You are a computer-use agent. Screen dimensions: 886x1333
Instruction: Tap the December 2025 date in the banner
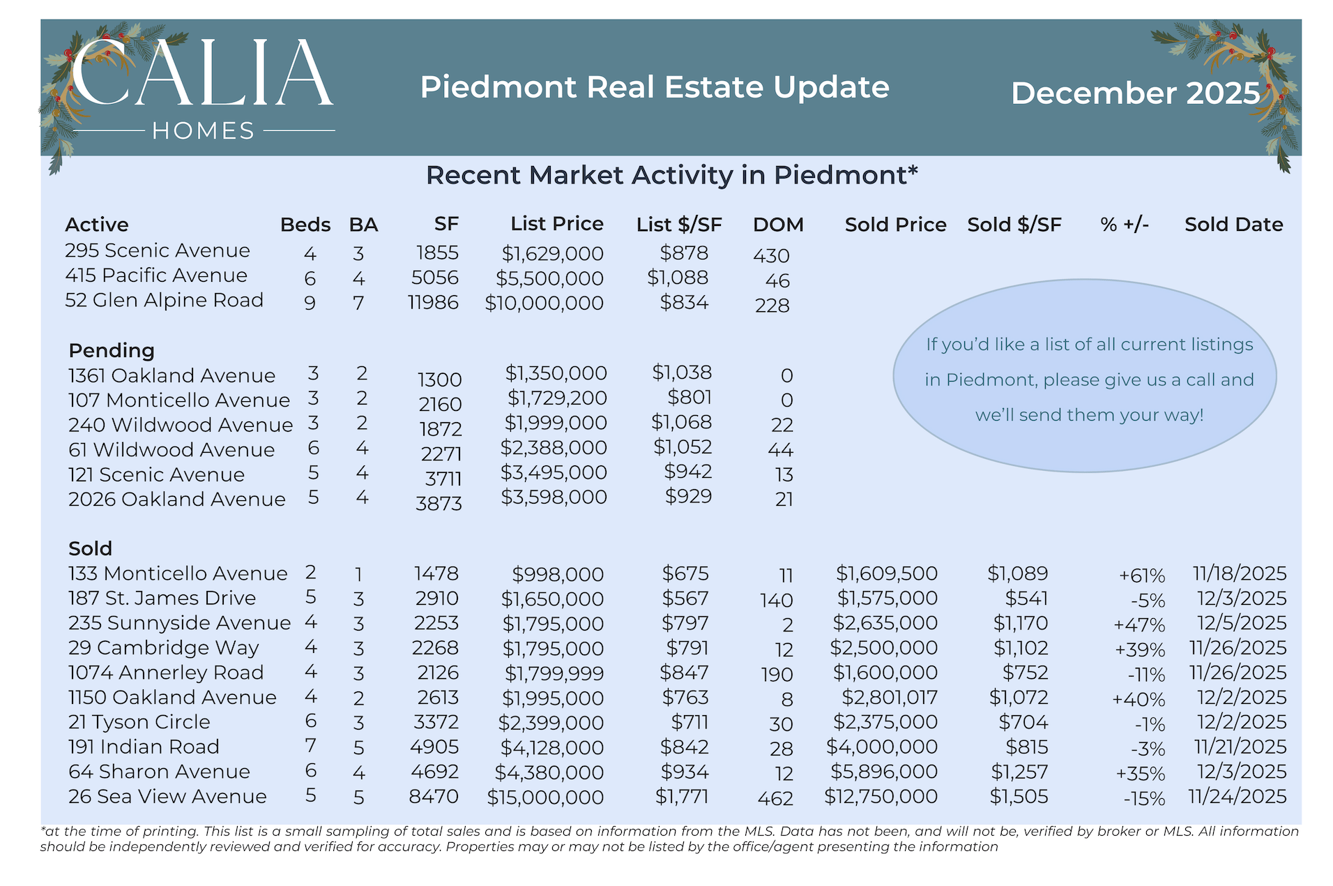click(x=1136, y=93)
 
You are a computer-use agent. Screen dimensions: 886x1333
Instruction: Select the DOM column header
click(x=778, y=225)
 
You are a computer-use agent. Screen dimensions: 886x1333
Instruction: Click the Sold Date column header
click(x=1233, y=225)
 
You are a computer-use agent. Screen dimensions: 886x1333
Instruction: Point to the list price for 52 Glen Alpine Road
click(x=544, y=303)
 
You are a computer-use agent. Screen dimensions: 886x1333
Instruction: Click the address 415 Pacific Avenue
click(x=156, y=276)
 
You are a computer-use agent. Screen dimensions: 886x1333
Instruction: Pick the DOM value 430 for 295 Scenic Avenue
click(x=771, y=256)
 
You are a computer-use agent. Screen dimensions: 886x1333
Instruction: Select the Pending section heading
click(x=112, y=350)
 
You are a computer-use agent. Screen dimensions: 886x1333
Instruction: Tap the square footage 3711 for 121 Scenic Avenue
click(x=443, y=479)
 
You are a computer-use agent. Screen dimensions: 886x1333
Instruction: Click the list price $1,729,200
click(x=557, y=398)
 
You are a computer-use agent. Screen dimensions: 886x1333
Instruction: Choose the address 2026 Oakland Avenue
click(x=177, y=500)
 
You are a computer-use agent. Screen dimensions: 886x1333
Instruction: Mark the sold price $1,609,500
click(x=887, y=573)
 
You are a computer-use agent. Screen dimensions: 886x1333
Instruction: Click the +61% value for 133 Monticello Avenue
click(x=1142, y=576)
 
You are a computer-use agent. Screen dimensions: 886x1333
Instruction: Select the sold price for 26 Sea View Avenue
click(x=881, y=797)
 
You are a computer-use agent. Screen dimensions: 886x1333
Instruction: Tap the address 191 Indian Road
click(x=144, y=747)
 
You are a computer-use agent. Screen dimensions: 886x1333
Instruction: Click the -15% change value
click(x=1144, y=799)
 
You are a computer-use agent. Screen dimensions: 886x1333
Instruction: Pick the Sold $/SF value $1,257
click(x=1019, y=772)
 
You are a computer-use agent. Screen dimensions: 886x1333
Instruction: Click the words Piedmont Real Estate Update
click(x=655, y=88)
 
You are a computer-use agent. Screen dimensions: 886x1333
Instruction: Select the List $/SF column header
click(x=679, y=225)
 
